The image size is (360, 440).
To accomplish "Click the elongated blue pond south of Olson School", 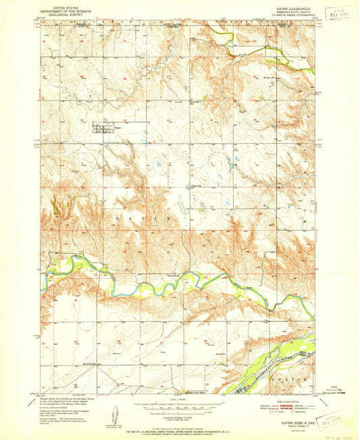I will (183, 210).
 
